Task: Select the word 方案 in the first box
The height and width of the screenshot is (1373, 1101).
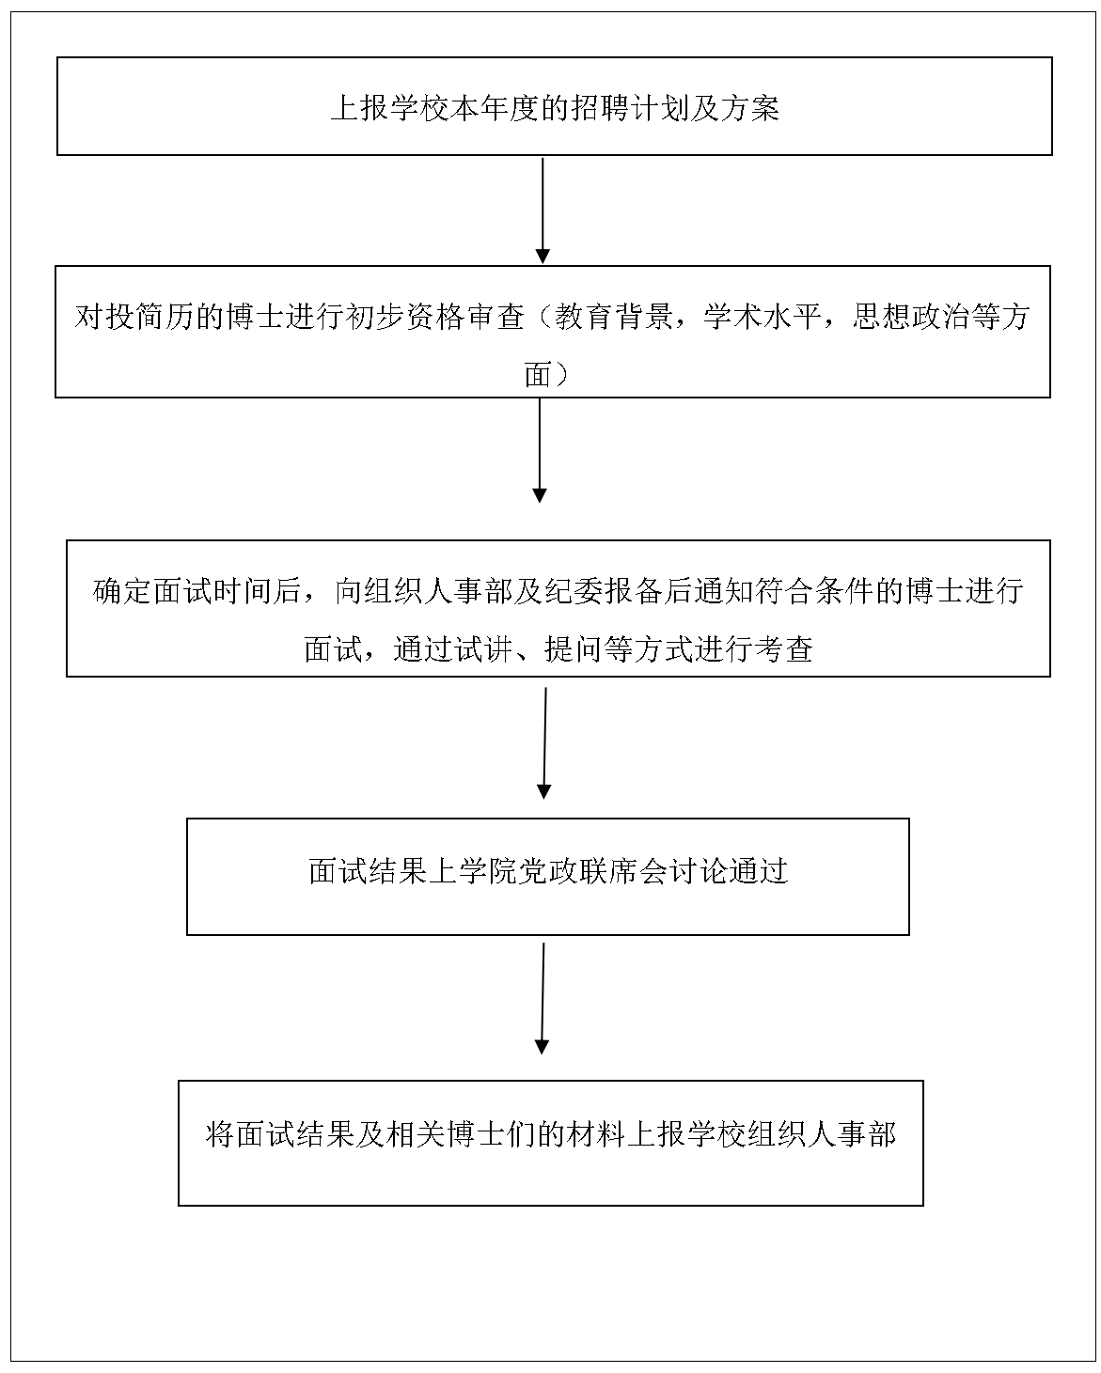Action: pyautogui.click(x=749, y=108)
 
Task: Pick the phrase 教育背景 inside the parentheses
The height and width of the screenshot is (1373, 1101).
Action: pyautogui.click(x=614, y=317)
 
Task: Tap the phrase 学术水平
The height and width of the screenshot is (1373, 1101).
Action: pyautogui.click(x=763, y=317)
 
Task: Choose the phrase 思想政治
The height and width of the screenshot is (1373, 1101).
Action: pyautogui.click(x=913, y=317)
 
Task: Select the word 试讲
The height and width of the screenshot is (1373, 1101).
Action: pyautogui.click(x=483, y=649)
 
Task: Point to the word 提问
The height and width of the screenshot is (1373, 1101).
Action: pyautogui.click(x=574, y=649)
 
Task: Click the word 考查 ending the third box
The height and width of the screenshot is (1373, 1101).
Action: pyautogui.click(x=784, y=649)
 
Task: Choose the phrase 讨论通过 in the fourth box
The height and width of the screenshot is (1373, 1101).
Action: pyautogui.click(x=729, y=871)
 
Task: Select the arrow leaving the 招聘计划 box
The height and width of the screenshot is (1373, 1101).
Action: pyautogui.click(x=543, y=211)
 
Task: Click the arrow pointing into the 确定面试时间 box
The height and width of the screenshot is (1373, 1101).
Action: pyautogui.click(x=540, y=450)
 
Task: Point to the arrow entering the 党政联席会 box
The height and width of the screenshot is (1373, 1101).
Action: pyautogui.click(x=544, y=742)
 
